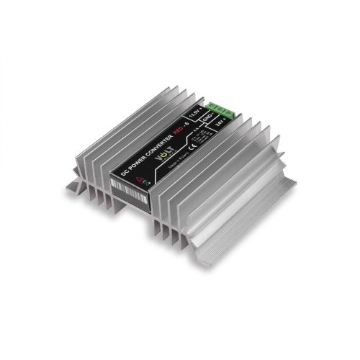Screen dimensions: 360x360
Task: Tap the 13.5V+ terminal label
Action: pos(193,113)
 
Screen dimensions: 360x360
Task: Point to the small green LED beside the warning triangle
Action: pos(147,183)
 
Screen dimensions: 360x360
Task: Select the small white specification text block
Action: pos(205,135)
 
